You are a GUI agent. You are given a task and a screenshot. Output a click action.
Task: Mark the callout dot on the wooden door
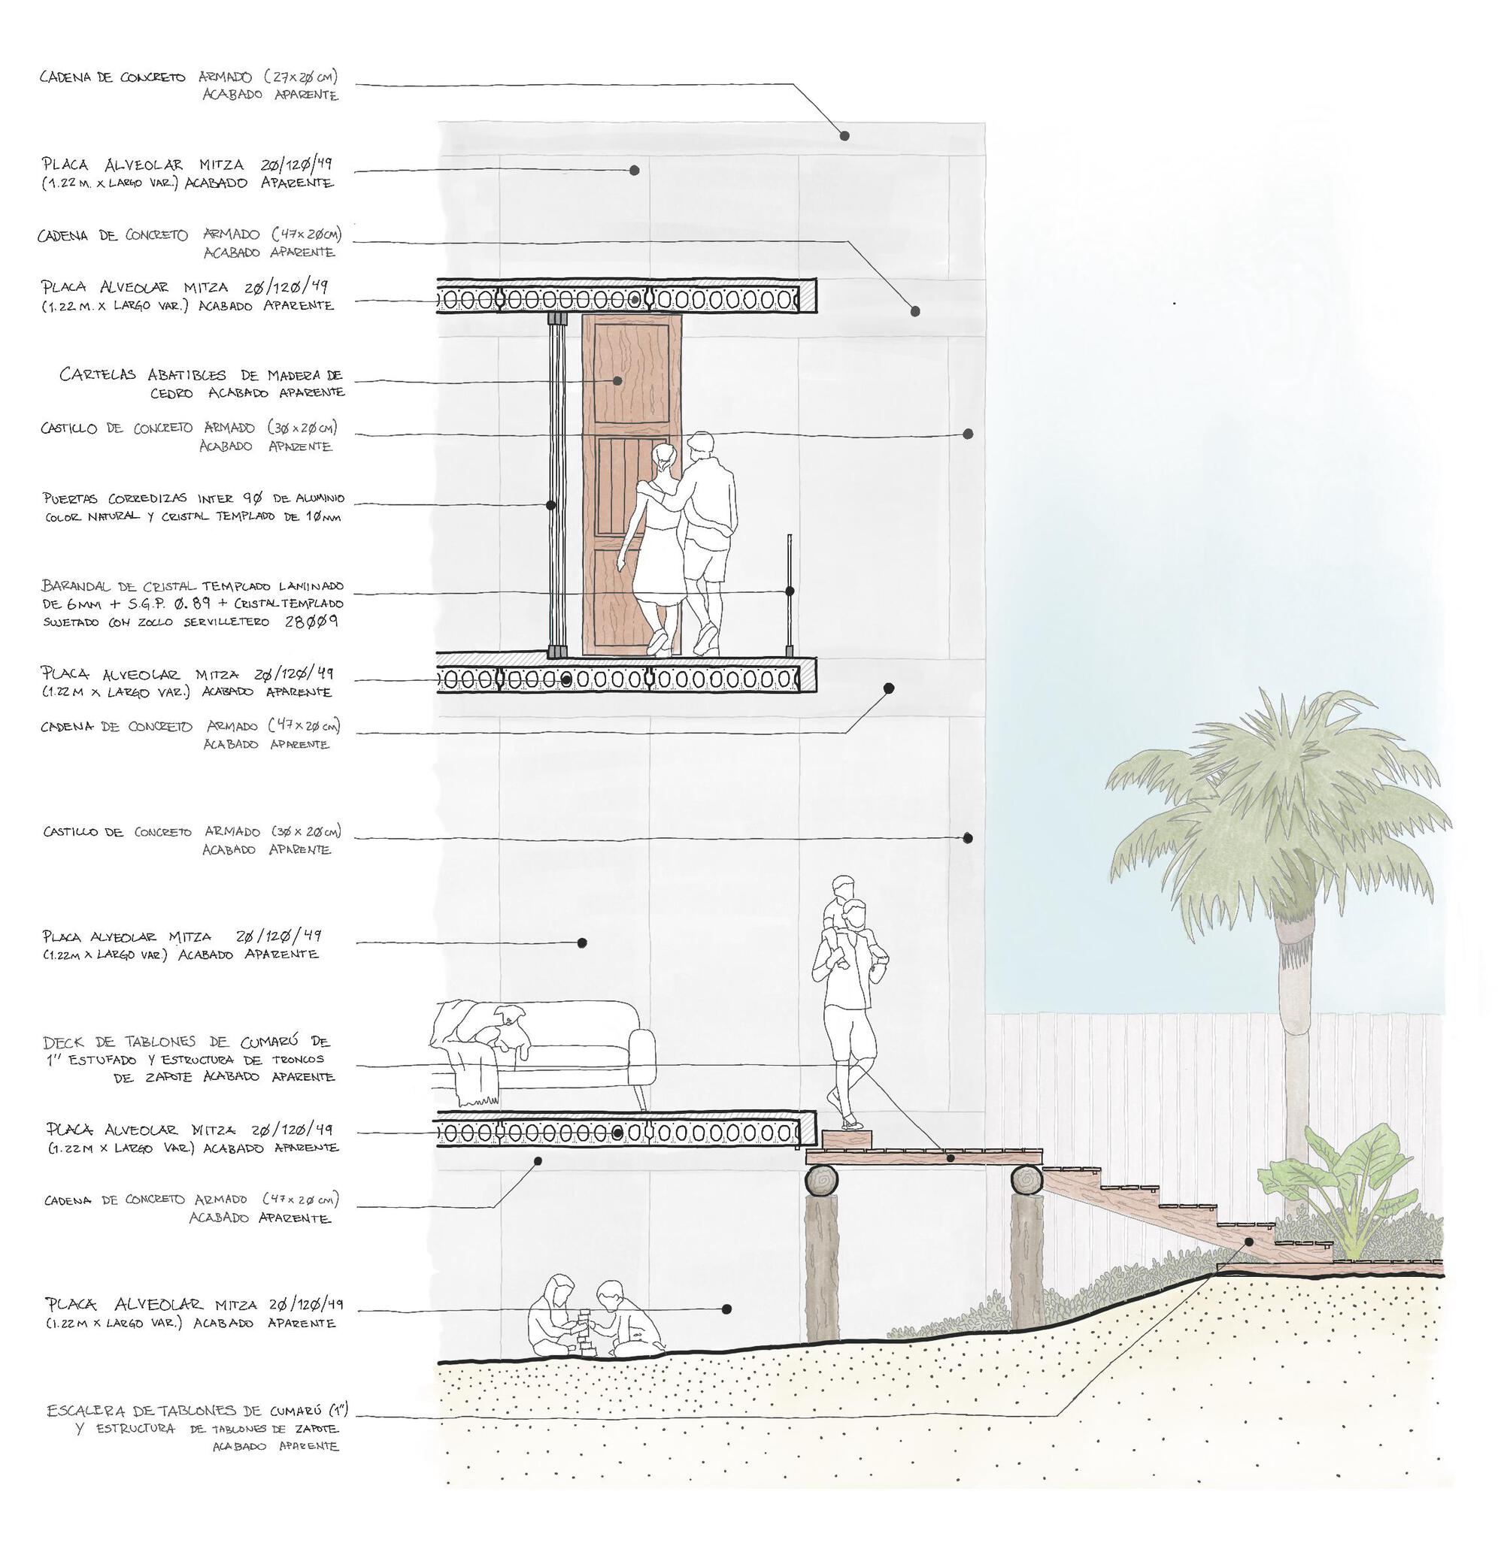(x=617, y=380)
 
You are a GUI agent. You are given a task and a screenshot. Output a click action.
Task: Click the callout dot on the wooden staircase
(x=1250, y=1241)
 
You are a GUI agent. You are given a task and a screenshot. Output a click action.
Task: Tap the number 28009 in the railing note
(x=311, y=621)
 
